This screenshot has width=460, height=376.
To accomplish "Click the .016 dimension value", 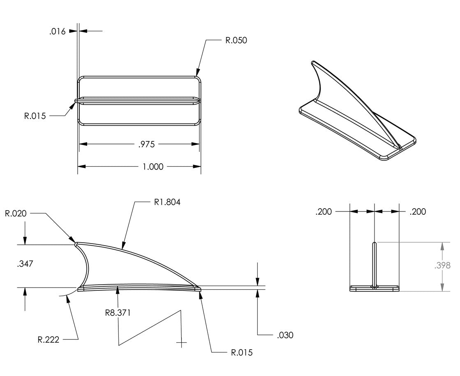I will (57, 31).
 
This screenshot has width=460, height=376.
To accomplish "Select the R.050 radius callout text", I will (236, 40).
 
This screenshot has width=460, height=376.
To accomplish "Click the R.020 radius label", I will (16, 213).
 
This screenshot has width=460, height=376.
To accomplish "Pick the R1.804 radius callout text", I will (167, 202).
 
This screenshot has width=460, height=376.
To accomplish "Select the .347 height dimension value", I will (25, 264).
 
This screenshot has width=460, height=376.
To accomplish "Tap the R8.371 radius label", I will (118, 313).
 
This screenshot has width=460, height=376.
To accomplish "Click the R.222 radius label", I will (48, 339).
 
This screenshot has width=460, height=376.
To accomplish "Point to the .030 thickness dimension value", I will (285, 335).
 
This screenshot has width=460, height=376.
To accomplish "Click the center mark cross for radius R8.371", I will (181, 342).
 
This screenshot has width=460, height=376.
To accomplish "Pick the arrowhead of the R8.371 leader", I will (118, 289).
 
